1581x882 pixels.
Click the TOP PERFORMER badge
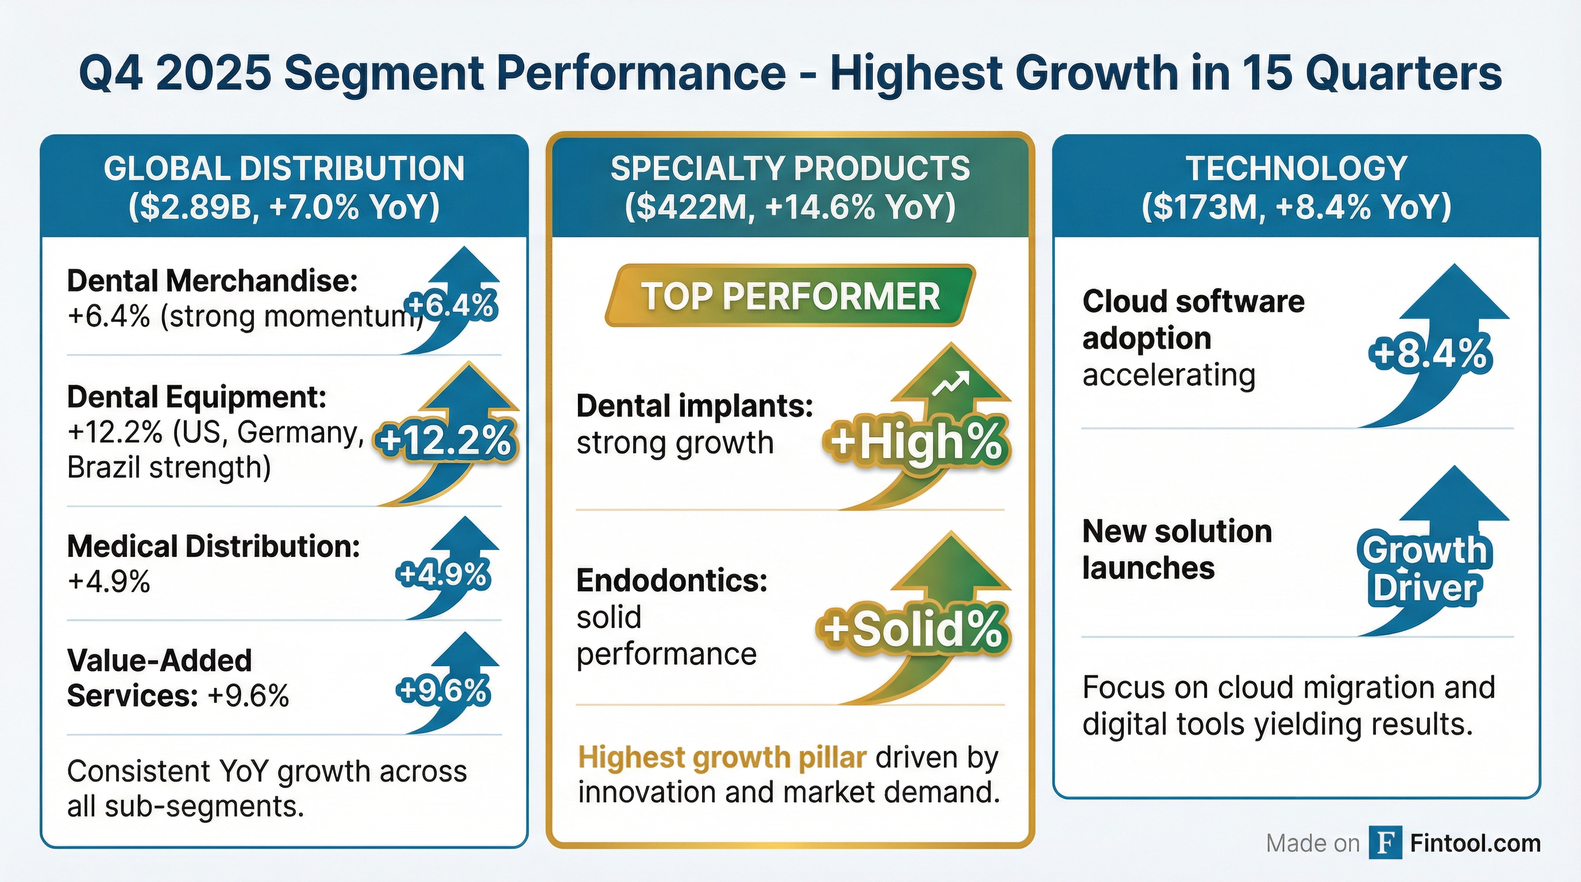point(790,296)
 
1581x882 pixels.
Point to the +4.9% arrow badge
point(443,574)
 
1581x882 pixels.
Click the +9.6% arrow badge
point(443,691)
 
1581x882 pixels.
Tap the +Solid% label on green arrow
point(912,629)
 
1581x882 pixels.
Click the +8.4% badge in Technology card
point(1430,354)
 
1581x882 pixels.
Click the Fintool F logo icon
point(1385,843)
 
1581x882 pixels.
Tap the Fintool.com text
point(1475,844)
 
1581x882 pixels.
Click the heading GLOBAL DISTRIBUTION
point(284,169)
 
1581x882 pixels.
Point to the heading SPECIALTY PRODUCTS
point(790,169)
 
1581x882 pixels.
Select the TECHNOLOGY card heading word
point(1296,169)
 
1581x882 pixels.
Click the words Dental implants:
point(694,406)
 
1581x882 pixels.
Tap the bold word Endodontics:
point(672,580)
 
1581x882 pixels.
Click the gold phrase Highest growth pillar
point(722,757)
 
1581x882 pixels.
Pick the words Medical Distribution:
point(213,546)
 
